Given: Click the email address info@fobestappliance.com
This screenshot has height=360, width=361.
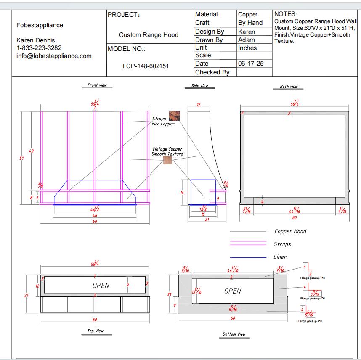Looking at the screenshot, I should (x=54, y=56).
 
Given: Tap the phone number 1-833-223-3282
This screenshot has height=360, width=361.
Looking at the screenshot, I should (x=39, y=48).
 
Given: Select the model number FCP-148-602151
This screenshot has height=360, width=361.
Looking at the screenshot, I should (x=146, y=66).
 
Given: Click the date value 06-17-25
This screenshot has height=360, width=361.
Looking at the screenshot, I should (x=248, y=64).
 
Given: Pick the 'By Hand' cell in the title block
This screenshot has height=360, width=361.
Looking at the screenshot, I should (x=250, y=23).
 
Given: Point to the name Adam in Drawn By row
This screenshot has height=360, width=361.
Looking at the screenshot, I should (x=246, y=40).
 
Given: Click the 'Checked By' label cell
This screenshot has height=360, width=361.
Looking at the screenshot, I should (x=212, y=72).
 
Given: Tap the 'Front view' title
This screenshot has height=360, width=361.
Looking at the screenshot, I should (x=97, y=85).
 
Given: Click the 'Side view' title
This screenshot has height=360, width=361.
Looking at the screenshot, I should (x=200, y=86).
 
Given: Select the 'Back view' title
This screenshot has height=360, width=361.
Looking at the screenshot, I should (x=289, y=87).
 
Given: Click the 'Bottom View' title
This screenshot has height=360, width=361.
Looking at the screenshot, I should (x=234, y=334).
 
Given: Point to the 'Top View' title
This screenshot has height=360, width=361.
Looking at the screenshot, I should (x=96, y=331).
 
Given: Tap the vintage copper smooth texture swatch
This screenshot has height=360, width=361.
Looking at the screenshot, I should (x=167, y=161).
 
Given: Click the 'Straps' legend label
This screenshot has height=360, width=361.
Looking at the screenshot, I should (x=282, y=244).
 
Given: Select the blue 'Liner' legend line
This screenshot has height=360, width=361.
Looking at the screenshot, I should (x=248, y=257).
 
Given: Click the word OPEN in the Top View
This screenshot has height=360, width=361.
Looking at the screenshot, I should (x=101, y=285).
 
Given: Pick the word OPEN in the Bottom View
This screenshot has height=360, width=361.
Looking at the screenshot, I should (x=233, y=291).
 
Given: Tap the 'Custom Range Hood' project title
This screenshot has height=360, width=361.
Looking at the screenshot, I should (x=149, y=35).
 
